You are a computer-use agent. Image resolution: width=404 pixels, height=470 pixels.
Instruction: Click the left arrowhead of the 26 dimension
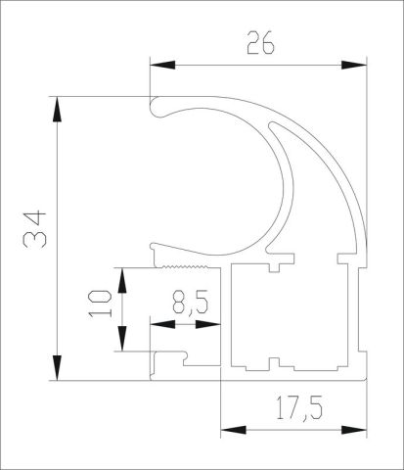(157, 66)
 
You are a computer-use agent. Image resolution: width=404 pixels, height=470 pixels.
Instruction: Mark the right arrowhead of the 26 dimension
(358, 66)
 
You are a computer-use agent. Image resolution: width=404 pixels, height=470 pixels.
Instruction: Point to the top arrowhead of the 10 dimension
(122, 275)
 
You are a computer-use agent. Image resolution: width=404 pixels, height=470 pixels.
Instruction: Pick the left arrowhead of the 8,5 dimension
(157, 322)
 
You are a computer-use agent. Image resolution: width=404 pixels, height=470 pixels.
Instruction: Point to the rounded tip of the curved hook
(156, 107)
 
